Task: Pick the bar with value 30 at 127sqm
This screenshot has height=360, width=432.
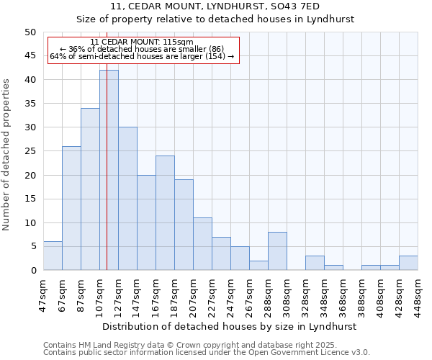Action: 127,198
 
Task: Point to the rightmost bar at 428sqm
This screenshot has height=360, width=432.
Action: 408,263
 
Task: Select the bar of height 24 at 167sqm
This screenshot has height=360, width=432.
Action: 165,212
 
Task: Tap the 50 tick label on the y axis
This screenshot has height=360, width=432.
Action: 30,32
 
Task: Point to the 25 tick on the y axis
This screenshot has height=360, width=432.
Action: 30,151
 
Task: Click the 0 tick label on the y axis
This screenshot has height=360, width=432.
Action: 32,270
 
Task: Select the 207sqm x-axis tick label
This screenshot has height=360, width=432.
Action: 193,294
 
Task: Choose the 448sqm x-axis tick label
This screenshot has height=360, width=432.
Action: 418,294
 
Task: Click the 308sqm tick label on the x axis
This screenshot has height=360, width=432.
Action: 287,294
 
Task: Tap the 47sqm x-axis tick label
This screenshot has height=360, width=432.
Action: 43,294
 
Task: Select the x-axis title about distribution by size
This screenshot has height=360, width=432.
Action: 230,326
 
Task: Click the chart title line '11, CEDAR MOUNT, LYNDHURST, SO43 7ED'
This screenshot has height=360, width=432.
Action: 230,6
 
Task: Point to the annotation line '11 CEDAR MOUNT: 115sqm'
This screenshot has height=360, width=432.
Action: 143,42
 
